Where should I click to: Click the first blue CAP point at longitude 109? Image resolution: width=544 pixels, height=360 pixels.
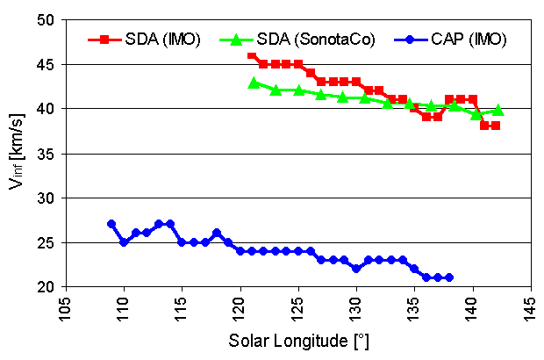[x=111, y=224]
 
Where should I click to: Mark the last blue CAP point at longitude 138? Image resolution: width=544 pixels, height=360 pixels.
[x=449, y=277]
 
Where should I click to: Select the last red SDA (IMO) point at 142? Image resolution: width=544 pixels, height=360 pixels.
[x=496, y=126]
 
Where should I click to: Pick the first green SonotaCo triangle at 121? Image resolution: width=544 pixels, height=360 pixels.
[x=254, y=83]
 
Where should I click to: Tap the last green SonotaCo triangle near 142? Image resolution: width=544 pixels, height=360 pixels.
[x=498, y=110]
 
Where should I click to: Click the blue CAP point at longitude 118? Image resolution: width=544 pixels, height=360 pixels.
[x=217, y=233]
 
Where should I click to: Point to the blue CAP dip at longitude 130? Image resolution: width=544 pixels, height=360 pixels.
[x=356, y=269]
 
